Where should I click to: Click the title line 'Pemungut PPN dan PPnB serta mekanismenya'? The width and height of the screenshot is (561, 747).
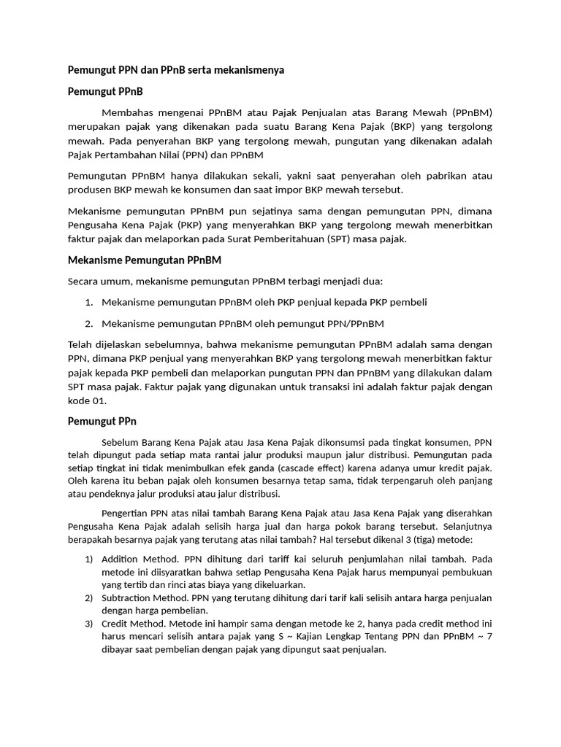point(175,70)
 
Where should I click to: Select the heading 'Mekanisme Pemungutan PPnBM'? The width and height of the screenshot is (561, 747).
point(144,260)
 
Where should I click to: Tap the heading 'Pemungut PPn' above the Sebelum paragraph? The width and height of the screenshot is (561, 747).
point(102,421)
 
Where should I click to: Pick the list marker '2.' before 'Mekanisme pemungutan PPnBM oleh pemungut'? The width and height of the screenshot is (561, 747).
point(88,323)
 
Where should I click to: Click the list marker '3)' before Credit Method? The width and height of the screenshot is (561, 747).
point(89,624)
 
